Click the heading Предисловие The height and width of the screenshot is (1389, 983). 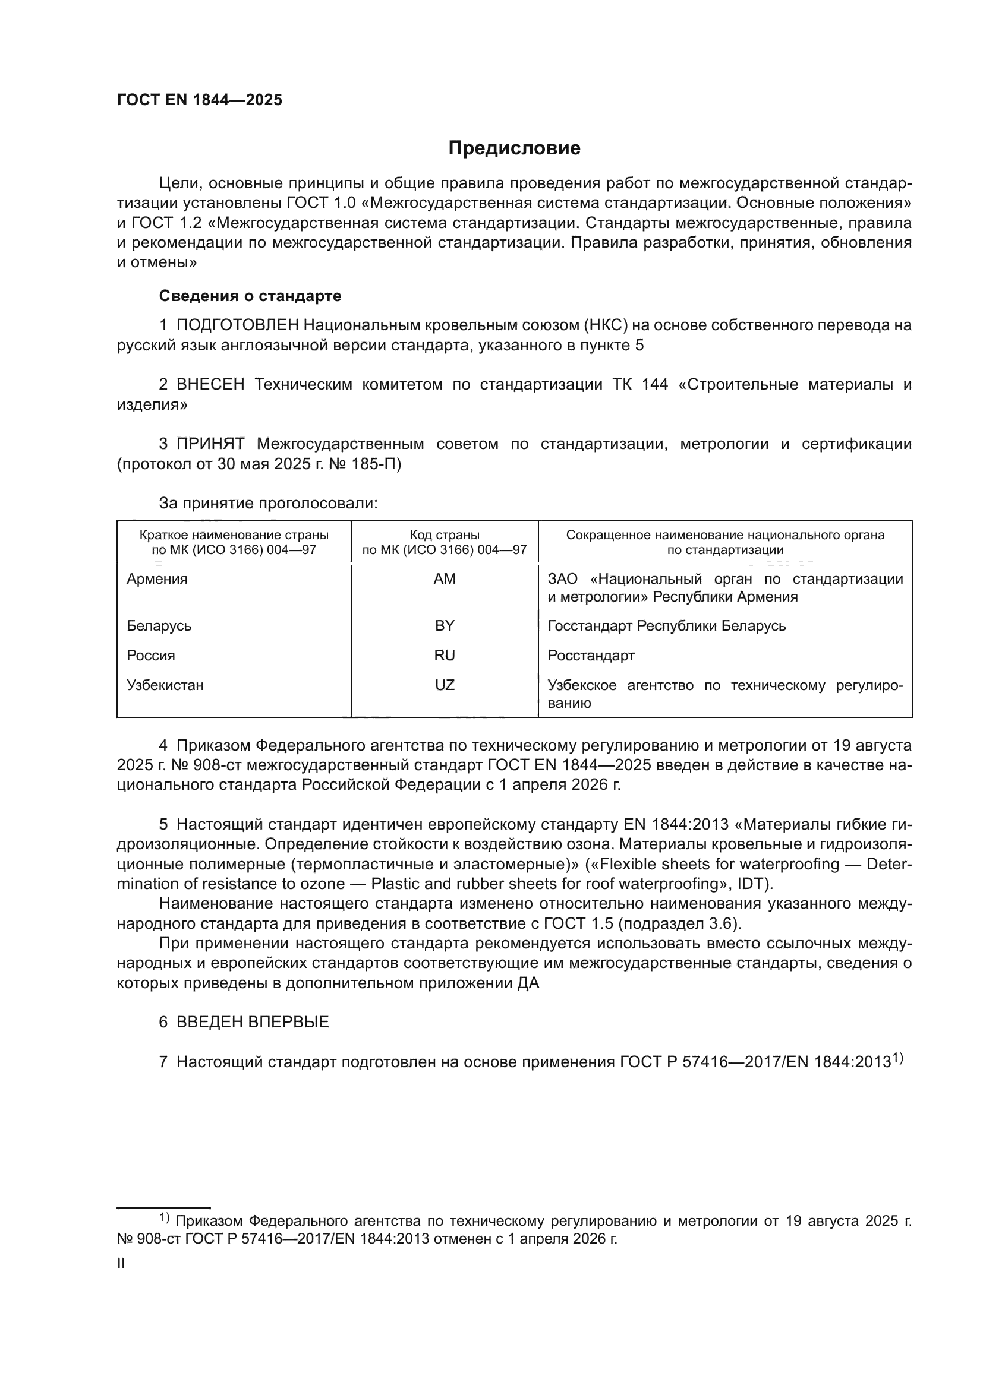[514, 148]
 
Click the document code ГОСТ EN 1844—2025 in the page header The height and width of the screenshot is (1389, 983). [199, 100]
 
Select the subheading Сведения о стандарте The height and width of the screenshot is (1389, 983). [250, 296]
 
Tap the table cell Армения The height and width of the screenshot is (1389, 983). [157, 579]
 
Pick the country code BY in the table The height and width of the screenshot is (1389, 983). [445, 625]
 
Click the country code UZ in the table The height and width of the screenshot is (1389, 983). [445, 685]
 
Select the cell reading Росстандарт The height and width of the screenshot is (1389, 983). [591, 656]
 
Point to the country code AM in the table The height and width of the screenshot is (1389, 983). [445, 579]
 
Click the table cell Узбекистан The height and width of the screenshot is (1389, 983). [165, 685]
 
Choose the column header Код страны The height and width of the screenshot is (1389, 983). [445, 535]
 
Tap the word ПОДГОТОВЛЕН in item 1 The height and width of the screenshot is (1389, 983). [237, 325]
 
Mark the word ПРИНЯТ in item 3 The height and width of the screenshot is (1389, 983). [210, 444]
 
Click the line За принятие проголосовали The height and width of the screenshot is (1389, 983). [268, 504]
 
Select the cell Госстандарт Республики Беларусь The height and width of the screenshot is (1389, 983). [666, 625]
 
